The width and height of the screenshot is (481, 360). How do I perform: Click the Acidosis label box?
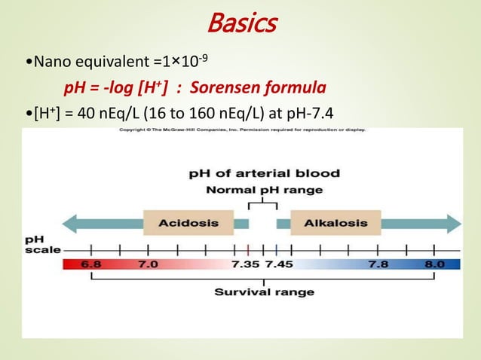(x=188, y=223)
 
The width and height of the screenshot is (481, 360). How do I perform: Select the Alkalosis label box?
(x=335, y=223)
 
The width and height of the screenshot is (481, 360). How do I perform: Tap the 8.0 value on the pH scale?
(x=435, y=264)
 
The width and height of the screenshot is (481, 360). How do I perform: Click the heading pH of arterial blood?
(x=263, y=174)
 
